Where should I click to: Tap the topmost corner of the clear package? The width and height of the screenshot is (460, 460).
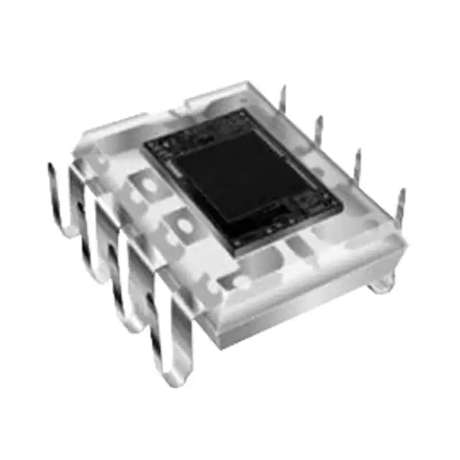(x=248, y=83)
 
